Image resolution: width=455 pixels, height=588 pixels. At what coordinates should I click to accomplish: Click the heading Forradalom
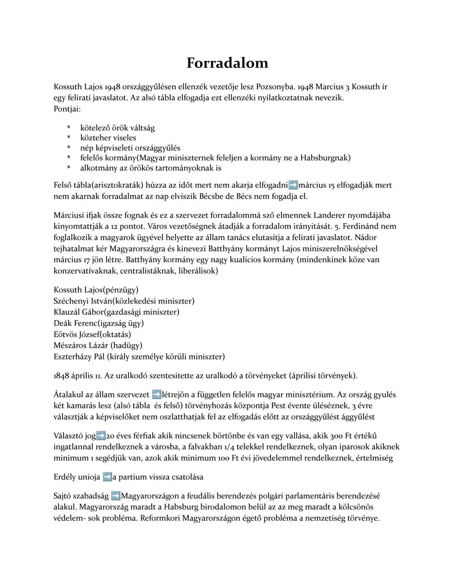[227, 63]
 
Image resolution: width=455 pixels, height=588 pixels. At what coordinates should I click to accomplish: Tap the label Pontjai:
[67, 109]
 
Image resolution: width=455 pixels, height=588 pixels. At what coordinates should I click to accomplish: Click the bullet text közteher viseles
[108, 138]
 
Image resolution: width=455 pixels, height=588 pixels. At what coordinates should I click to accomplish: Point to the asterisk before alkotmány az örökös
[69, 168]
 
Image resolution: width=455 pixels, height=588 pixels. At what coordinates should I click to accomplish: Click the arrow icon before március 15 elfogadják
[293, 185]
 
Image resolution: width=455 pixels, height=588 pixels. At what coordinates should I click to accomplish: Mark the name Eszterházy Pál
[79, 357]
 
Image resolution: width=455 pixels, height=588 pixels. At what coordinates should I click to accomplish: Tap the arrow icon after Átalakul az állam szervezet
[156, 395]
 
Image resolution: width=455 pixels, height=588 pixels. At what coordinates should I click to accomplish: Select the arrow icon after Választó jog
[101, 436]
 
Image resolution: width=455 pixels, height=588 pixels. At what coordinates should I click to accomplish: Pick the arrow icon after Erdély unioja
[107, 477]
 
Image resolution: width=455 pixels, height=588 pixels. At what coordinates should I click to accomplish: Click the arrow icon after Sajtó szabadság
[115, 496]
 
